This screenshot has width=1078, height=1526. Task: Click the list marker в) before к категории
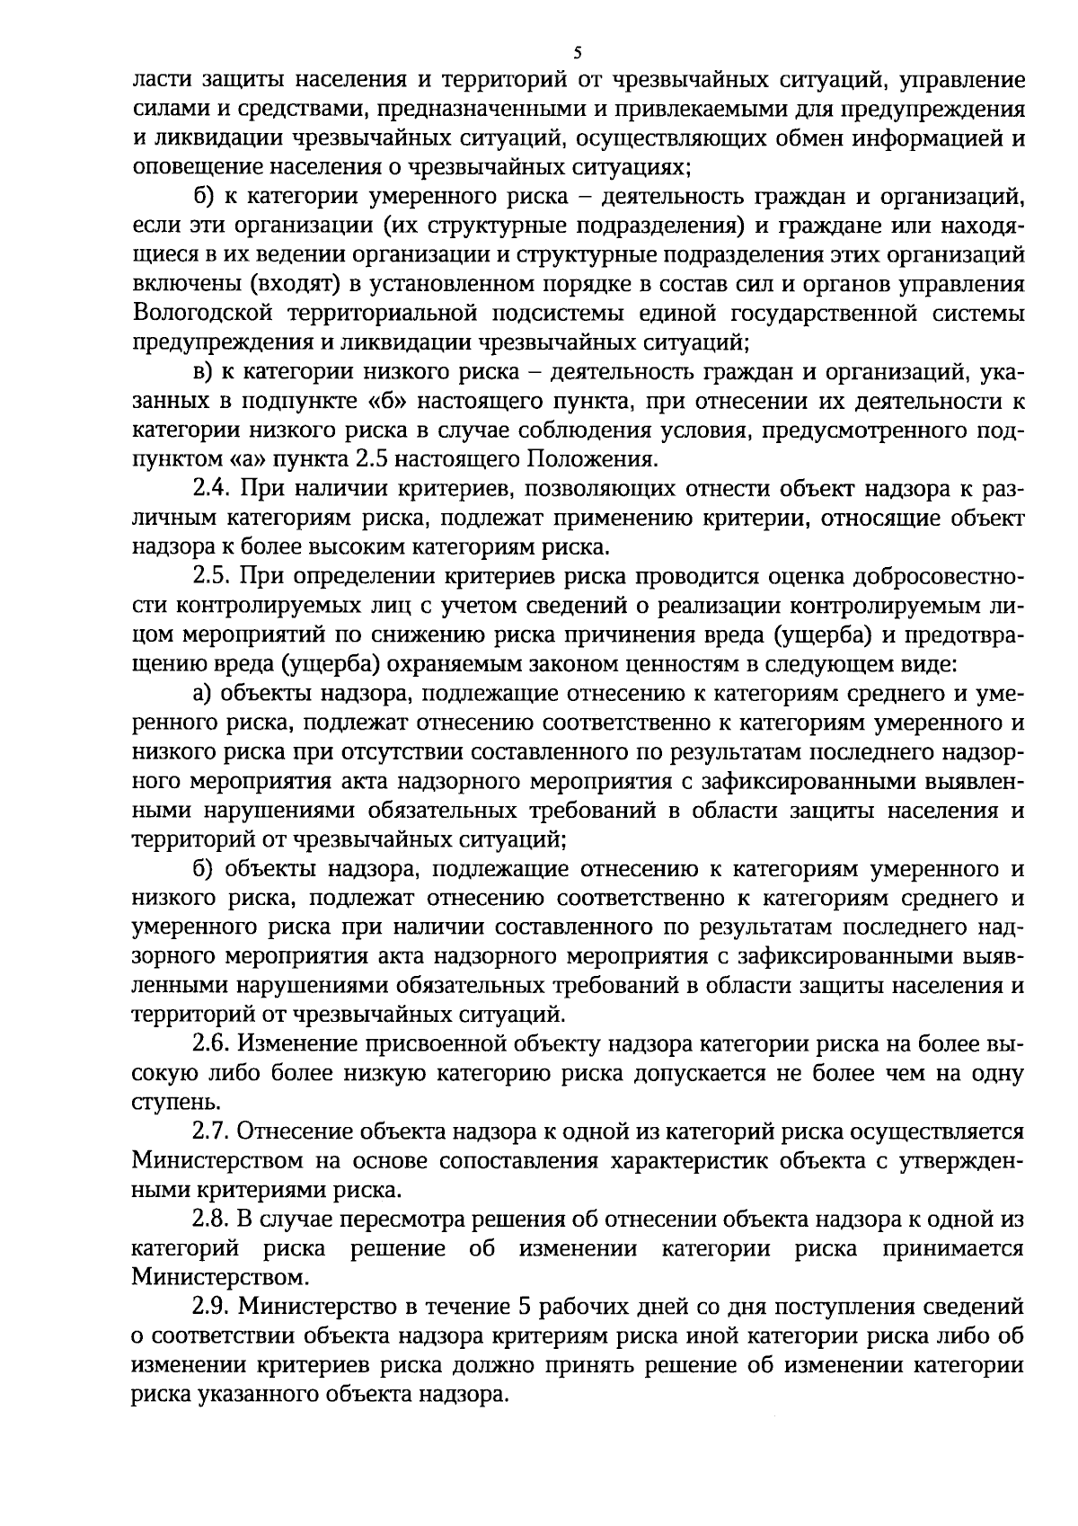(202, 372)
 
